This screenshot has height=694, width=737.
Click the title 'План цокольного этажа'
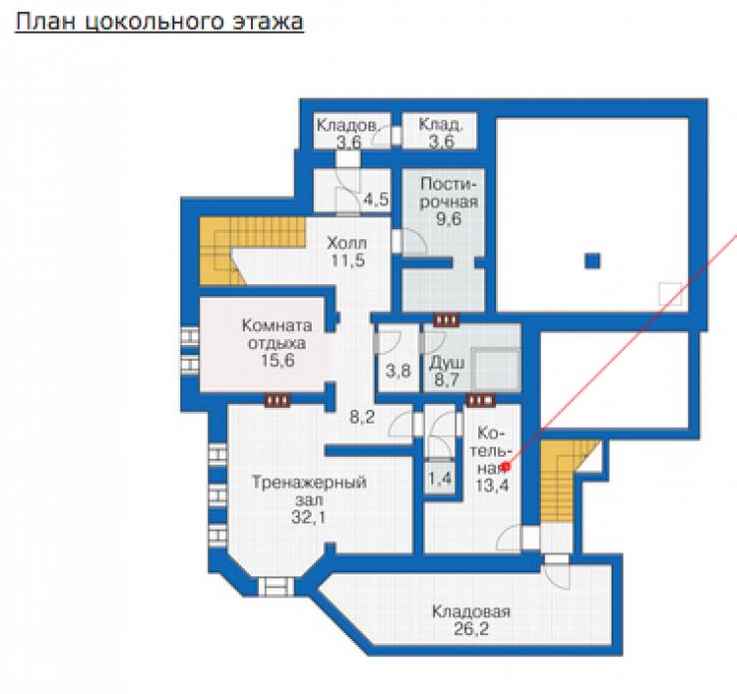(x=159, y=22)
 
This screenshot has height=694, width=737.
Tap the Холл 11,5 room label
(x=348, y=251)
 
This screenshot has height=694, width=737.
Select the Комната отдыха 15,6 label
(x=277, y=343)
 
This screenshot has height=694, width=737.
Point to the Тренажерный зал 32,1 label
(x=309, y=500)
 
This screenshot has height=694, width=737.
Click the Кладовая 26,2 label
(x=471, y=620)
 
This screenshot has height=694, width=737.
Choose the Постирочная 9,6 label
(x=449, y=201)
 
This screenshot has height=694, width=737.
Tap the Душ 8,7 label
(x=446, y=371)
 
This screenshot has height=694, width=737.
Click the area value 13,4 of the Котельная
(x=492, y=485)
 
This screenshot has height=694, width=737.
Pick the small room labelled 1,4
(x=440, y=479)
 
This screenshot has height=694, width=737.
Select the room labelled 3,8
(x=398, y=371)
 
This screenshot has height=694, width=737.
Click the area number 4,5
(x=376, y=199)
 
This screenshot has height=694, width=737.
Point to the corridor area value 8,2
(x=362, y=417)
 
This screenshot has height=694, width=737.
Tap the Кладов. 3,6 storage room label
(x=348, y=134)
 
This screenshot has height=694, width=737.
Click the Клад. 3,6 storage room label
(x=441, y=134)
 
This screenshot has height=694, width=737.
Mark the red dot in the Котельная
(x=506, y=467)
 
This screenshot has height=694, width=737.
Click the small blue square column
(x=593, y=260)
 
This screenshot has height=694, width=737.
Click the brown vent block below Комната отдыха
(x=277, y=401)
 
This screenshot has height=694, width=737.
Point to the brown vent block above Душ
(x=446, y=320)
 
